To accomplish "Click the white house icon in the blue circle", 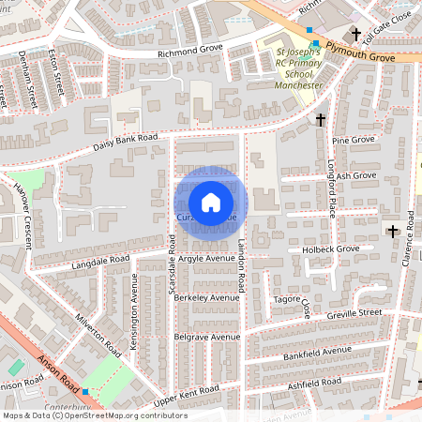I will coord(211,202).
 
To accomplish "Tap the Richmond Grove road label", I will coord(190,53).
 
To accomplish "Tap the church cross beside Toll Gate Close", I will coord(356,34).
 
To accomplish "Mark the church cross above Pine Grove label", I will coord(321,119).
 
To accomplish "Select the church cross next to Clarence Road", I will coord(392,231).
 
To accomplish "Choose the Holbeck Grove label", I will coord(331,249).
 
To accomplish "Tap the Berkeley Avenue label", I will coord(206,297).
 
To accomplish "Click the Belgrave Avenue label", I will coord(207,336).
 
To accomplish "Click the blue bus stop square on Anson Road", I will coord(85,391).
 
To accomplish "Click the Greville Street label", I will coord(355,312).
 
